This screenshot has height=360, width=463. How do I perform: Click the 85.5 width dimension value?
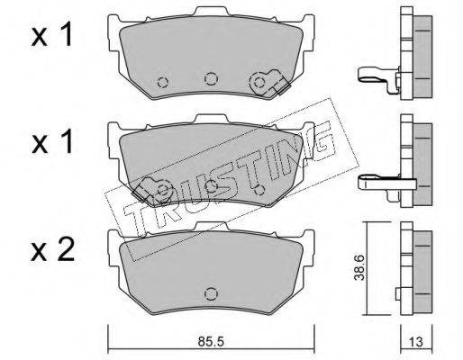point(211,342)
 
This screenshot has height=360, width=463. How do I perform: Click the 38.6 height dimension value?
point(359,268)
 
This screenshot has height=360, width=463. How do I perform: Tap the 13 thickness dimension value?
point(416,342)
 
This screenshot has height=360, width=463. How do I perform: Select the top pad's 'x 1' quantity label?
point(52,35)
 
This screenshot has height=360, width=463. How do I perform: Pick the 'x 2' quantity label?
point(53,250)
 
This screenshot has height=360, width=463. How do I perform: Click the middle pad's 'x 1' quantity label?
point(52,142)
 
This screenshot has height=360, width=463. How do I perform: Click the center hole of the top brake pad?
point(211,78)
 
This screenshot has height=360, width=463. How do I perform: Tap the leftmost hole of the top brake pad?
point(163,82)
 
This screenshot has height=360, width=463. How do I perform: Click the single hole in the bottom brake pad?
point(211,293)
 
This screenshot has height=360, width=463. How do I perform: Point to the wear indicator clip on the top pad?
point(270,83)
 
